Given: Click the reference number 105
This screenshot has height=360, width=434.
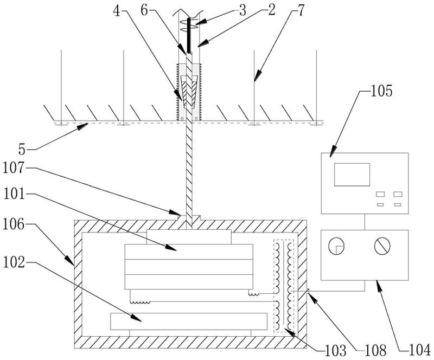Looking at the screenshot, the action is (x=381, y=91).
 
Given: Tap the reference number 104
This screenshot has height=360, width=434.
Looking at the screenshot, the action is (x=420, y=351).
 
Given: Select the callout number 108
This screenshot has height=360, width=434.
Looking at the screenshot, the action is (x=375, y=351).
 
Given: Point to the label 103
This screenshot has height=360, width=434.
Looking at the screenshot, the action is (x=335, y=351).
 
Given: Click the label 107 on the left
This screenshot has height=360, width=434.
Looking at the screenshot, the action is (x=14, y=168).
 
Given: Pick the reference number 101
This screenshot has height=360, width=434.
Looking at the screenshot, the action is (x=14, y=195).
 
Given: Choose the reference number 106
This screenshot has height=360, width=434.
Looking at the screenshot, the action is (x=14, y=224).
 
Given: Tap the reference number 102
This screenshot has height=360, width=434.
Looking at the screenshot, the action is (x=14, y=263).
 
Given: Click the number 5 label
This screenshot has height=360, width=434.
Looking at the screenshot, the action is (x=22, y=150).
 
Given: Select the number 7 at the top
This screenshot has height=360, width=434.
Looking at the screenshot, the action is (x=301, y=10).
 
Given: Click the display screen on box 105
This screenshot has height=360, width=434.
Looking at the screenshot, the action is (x=352, y=175).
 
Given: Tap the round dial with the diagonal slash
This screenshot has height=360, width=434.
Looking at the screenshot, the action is (x=382, y=246).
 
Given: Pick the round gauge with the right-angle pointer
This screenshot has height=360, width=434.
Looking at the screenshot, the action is (x=336, y=246).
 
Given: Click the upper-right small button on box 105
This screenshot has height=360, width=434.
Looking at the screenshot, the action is (x=398, y=194).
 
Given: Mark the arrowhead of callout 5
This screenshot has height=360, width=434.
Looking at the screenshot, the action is (x=83, y=126).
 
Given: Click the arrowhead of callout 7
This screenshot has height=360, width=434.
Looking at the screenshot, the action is (x=257, y=76).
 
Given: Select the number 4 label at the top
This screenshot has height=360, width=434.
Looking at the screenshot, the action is (x=117, y=11).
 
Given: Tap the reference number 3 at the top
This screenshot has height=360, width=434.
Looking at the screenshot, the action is (x=242, y=10).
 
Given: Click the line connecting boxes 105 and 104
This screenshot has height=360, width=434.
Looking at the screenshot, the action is (x=365, y=222).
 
